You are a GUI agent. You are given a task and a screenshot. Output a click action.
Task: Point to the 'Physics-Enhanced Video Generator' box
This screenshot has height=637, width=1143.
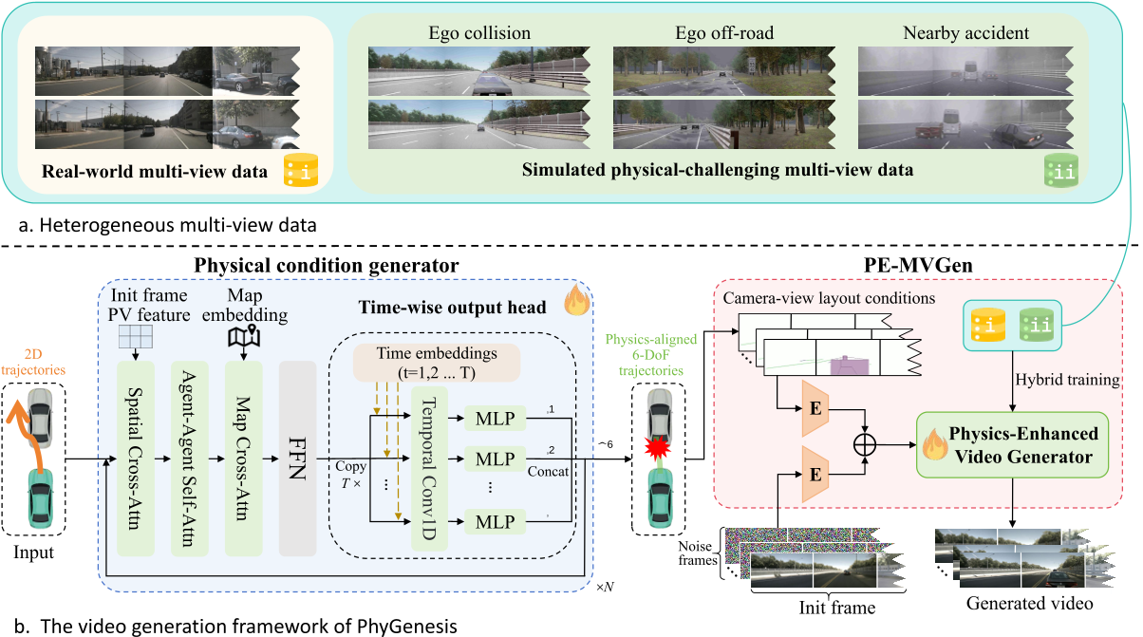(1012, 445)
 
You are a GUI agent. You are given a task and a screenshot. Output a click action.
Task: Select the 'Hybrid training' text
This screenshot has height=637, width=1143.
(1068, 380)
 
